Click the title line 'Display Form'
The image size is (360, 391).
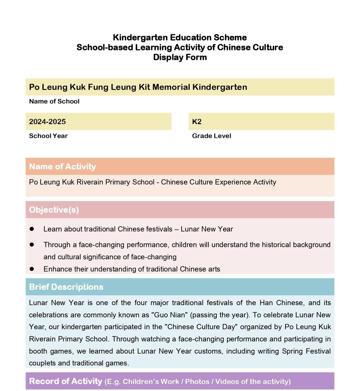coord(180,57)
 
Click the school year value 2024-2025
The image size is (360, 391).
coord(47,122)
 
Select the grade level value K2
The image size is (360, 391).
coord(197,122)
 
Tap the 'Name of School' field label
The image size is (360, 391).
coord(54,101)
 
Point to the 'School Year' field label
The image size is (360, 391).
coord(48,136)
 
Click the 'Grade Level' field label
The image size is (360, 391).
coord(211,136)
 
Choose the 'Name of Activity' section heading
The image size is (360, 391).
coord(62,166)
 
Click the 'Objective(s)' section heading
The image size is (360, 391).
coord(54,210)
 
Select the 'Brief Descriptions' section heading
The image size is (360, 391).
coord(66,287)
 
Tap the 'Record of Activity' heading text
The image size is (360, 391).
coord(66,381)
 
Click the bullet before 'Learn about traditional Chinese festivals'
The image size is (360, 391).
coord(32,229)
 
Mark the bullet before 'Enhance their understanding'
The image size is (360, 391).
coord(32,269)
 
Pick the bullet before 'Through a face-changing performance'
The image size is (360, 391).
coord(32,245)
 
